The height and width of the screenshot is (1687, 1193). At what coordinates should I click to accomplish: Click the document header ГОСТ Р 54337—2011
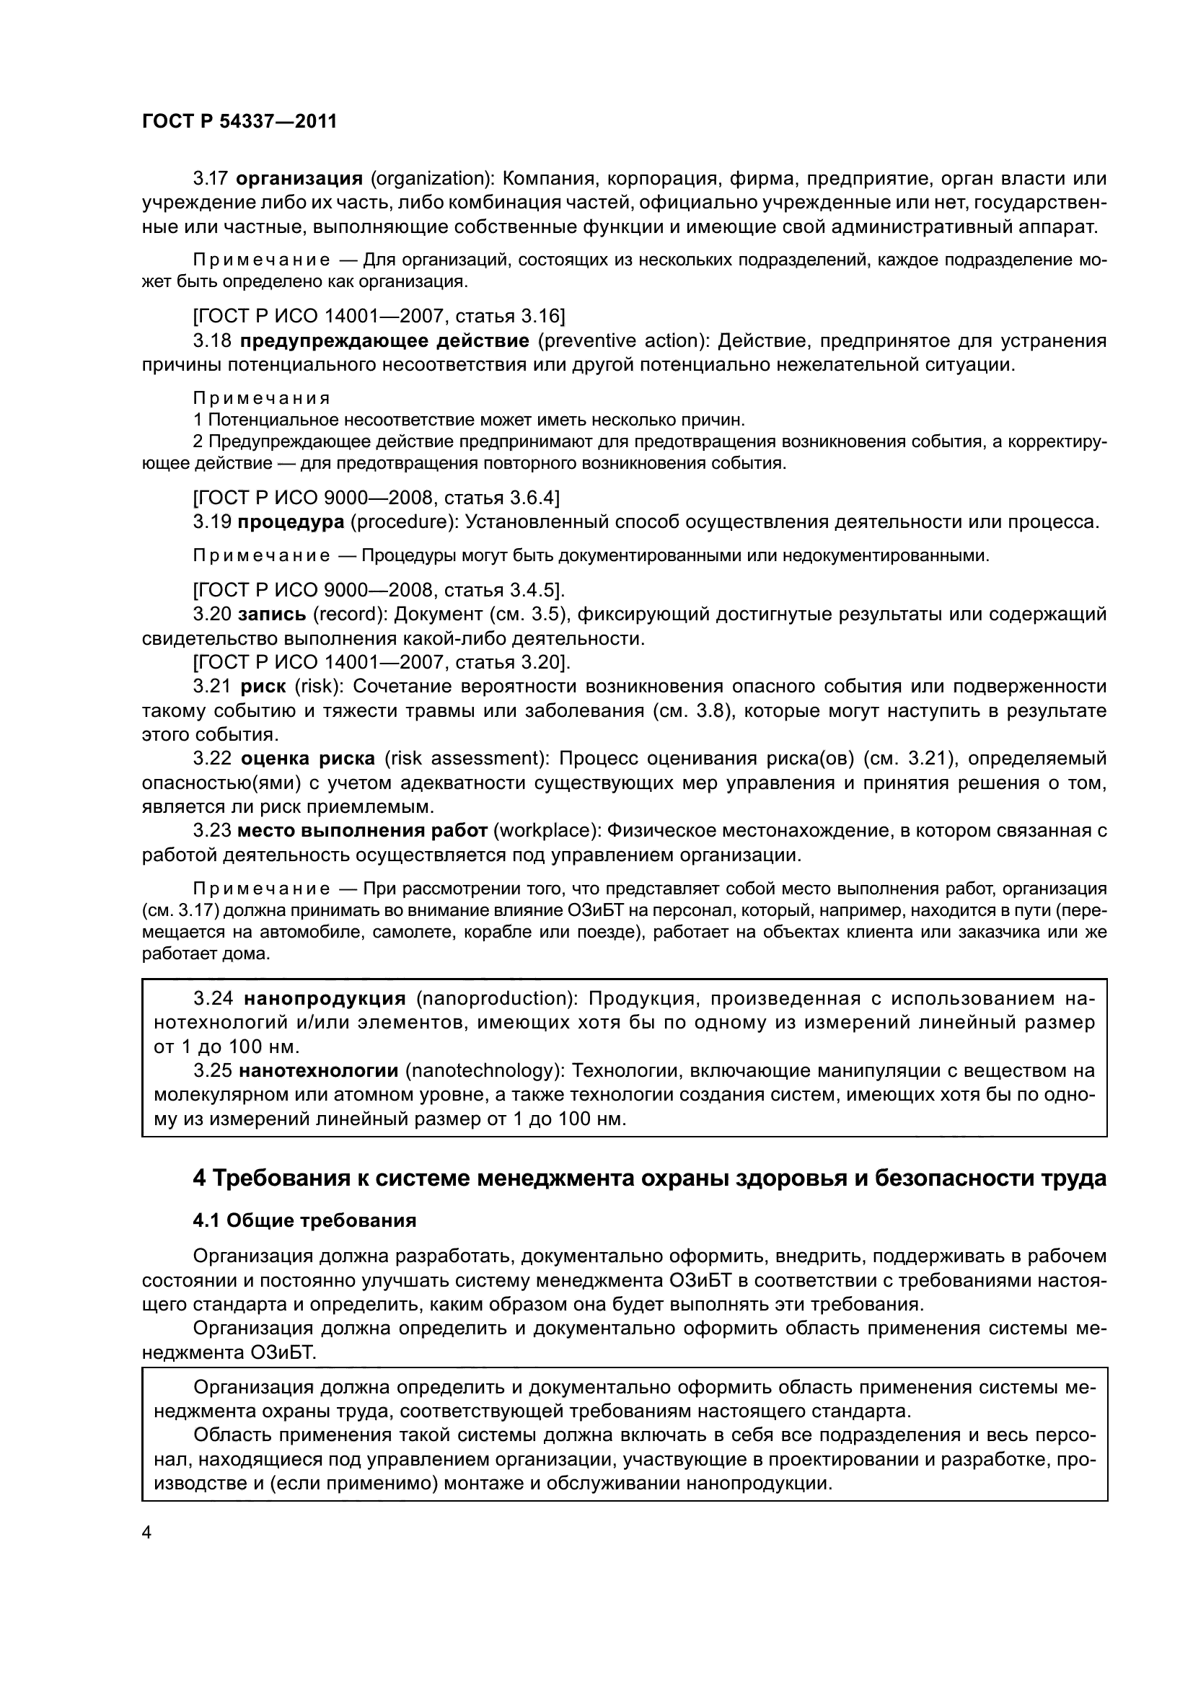[239, 122]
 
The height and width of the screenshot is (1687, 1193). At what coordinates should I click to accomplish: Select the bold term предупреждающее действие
[384, 341]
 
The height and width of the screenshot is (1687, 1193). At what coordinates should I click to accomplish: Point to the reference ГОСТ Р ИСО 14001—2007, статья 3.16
[379, 317]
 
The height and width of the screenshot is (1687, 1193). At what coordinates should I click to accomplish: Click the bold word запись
[272, 615]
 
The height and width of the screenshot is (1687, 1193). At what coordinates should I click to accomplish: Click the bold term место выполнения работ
[362, 830]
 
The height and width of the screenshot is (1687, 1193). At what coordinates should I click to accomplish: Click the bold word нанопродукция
[325, 997]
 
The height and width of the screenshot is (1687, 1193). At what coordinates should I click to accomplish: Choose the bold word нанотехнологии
[318, 1070]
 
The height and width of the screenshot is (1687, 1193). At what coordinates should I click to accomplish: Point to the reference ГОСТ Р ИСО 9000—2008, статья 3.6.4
[375, 498]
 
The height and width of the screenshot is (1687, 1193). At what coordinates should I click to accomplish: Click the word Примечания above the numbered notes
[262, 398]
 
